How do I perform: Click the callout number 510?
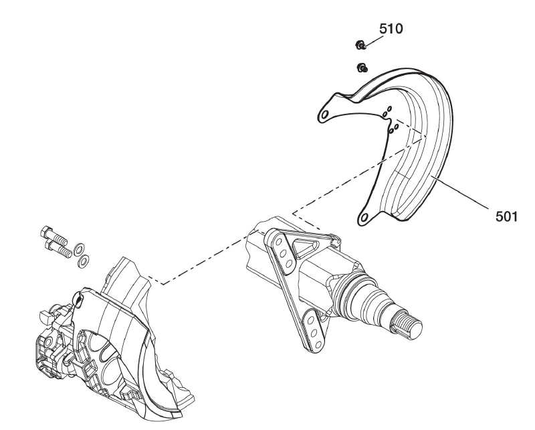click(x=391, y=29)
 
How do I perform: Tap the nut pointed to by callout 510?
click(x=359, y=46)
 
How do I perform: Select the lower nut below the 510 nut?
click(x=362, y=67)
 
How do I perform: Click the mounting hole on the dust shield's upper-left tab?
click(x=324, y=115)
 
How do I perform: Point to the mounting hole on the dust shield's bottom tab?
click(x=365, y=216)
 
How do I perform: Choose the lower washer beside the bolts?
click(x=83, y=260)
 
